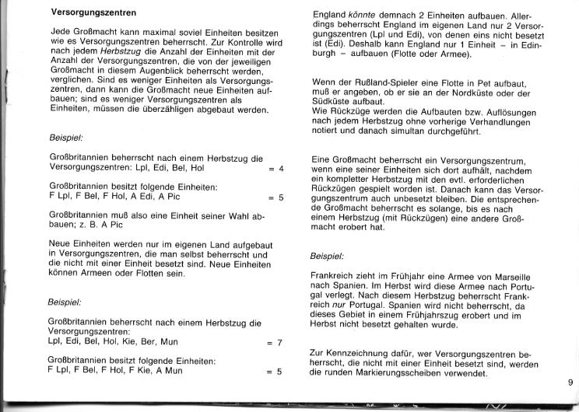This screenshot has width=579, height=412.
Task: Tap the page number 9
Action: coord(570,382)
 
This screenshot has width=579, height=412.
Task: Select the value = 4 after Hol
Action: coord(276,169)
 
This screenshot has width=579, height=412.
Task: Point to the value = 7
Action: coord(276,342)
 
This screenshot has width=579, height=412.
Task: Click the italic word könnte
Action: coord(368,14)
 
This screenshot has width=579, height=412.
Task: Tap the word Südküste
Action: coord(331,102)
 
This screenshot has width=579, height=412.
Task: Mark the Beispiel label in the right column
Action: coord(328,256)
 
